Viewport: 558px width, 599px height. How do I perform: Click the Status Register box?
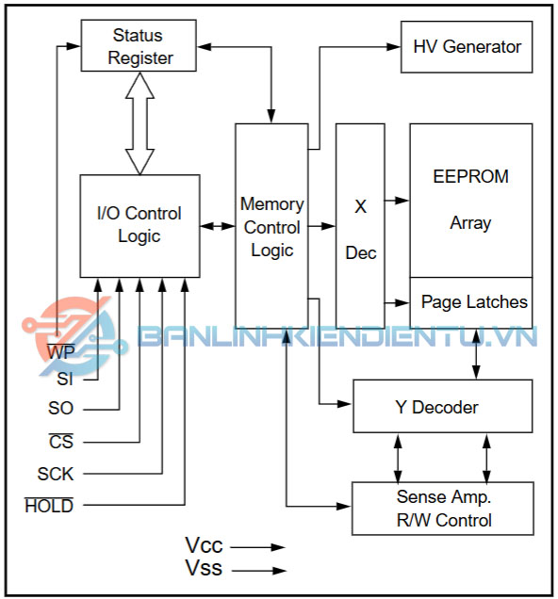[x=139, y=45]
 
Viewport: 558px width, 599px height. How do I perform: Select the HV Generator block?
[x=467, y=47]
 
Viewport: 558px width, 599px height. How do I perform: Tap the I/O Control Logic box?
[x=139, y=226]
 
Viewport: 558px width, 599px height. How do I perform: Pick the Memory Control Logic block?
[x=271, y=226]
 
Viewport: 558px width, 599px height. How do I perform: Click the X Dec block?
[x=360, y=226]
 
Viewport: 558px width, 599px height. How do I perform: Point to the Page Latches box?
[x=471, y=302]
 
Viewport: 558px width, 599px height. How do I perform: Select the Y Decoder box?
[x=443, y=406]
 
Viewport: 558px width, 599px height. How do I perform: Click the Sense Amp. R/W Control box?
[x=443, y=509]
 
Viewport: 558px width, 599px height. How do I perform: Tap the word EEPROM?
[x=471, y=176]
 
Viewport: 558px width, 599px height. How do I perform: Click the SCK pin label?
[x=56, y=474]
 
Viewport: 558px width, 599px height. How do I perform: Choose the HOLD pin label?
[x=49, y=506]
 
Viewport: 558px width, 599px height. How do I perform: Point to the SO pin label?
[x=60, y=408]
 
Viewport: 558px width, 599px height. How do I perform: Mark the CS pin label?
[x=61, y=442]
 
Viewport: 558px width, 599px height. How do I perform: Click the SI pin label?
[x=65, y=380]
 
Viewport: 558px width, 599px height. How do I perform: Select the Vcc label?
[x=204, y=545]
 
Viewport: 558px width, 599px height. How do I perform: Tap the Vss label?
[x=204, y=568]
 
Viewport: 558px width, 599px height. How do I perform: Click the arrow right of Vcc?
[x=258, y=547]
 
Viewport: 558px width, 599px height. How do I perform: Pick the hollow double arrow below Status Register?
[x=139, y=123]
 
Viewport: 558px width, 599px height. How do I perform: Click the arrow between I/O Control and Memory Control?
[x=218, y=227]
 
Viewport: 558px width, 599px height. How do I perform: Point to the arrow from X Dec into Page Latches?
[x=397, y=303]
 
